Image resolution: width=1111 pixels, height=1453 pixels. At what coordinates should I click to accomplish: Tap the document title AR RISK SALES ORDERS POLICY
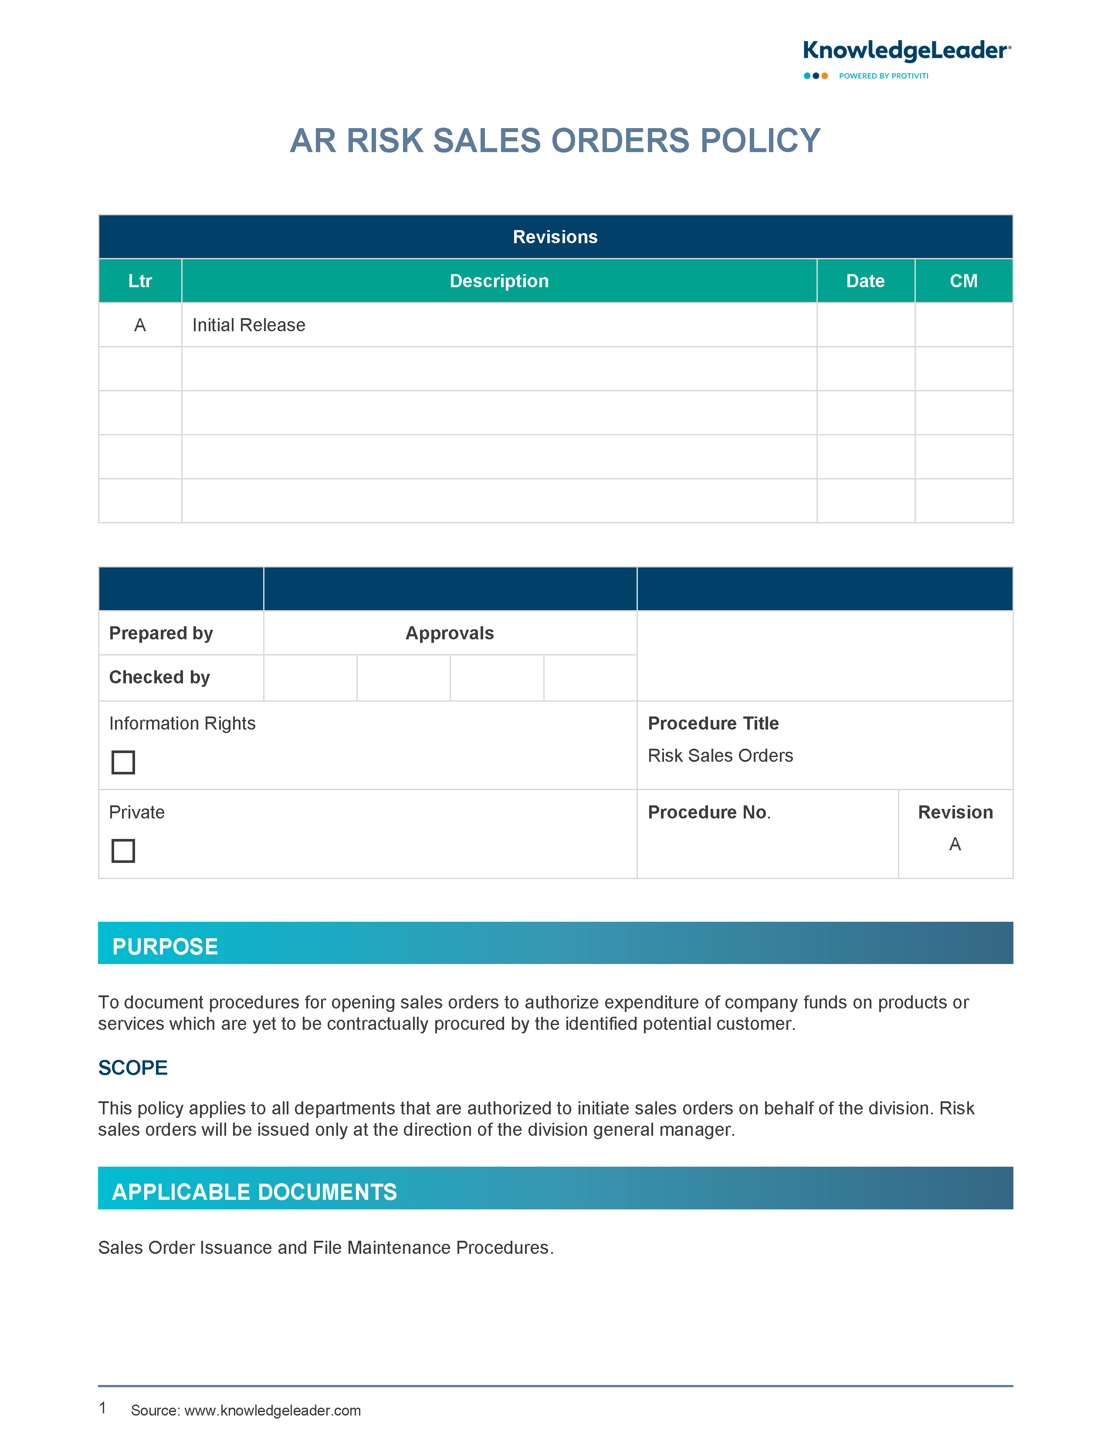tap(555, 141)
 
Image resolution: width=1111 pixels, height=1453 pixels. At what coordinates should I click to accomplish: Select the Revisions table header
tap(555, 237)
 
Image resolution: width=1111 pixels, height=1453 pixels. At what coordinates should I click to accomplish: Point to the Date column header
tap(865, 281)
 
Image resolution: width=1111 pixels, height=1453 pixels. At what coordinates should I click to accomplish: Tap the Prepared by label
tap(161, 633)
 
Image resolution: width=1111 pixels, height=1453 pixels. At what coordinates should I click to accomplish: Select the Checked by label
tap(159, 677)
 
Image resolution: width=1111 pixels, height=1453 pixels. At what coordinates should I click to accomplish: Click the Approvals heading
tap(450, 633)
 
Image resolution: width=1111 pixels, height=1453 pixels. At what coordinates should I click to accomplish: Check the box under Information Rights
tap(123, 762)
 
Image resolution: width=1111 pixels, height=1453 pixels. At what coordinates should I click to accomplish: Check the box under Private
tap(123, 851)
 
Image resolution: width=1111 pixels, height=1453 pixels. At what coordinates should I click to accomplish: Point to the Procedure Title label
tap(713, 723)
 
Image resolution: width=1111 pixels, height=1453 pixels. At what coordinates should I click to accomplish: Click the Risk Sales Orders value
tap(720, 755)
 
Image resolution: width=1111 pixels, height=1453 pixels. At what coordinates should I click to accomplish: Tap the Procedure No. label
tap(709, 812)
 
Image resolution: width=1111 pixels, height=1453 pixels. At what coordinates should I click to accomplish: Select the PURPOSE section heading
tap(165, 947)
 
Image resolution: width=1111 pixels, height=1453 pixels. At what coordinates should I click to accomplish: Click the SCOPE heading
tap(133, 1067)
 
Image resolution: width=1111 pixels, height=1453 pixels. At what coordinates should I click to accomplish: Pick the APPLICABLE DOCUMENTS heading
tap(254, 1192)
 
